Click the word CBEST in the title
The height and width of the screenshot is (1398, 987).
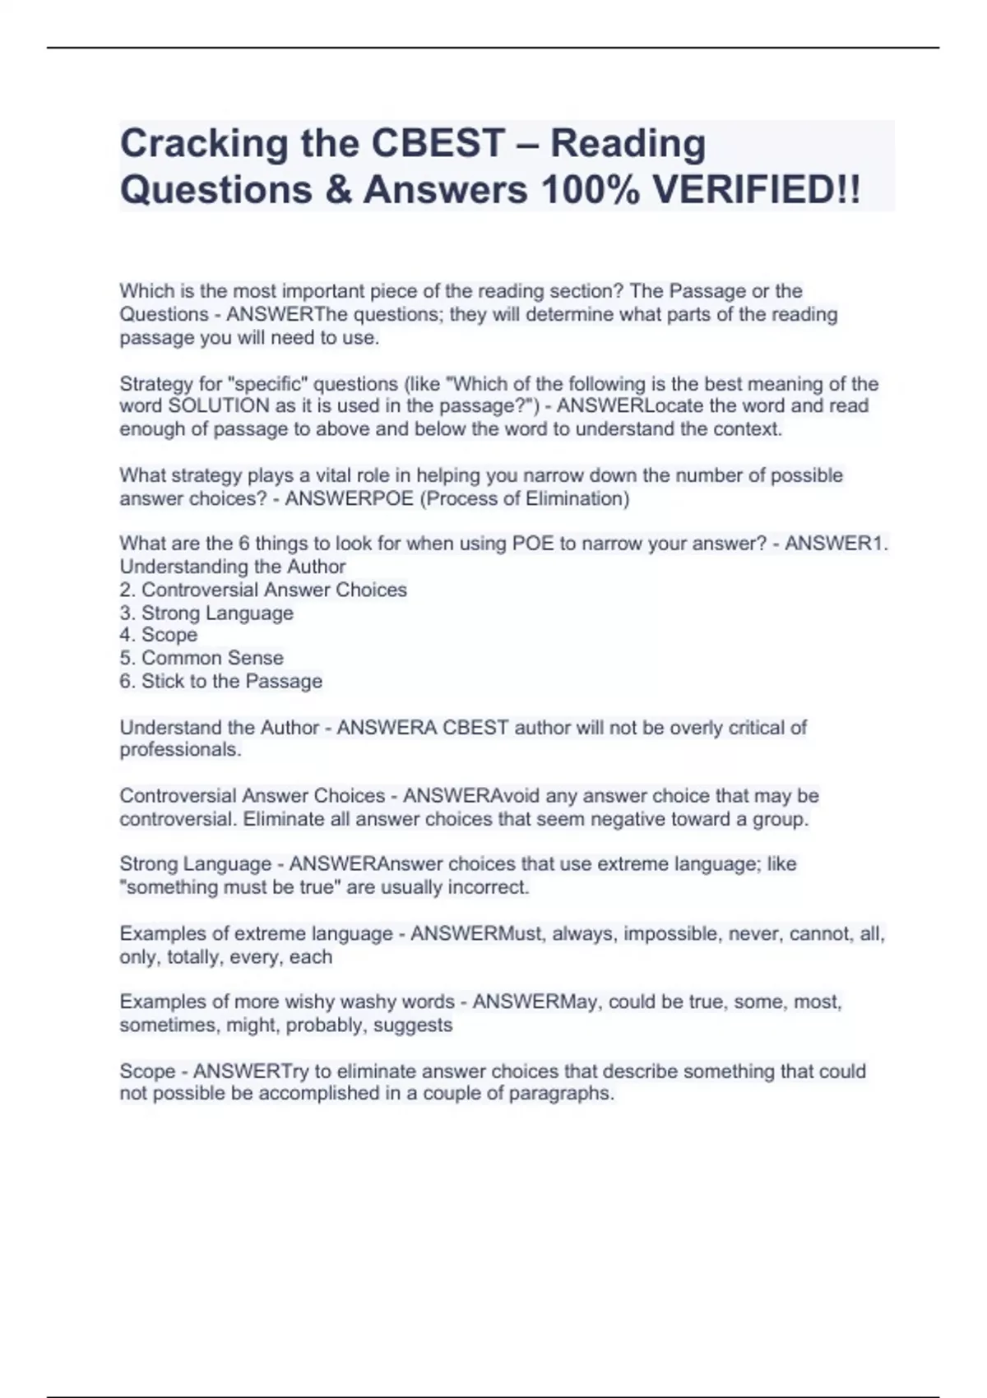click(x=438, y=144)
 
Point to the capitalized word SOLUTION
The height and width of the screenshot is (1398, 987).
click(x=218, y=406)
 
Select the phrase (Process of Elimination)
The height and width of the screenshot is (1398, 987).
click(x=525, y=499)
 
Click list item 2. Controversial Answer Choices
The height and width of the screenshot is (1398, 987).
click(x=263, y=590)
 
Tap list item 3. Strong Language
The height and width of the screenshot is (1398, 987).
click(x=206, y=613)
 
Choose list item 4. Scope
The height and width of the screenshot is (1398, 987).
click(x=159, y=636)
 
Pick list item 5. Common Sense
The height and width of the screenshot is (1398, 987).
click(x=202, y=659)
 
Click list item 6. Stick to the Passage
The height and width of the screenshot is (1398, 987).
click(x=220, y=682)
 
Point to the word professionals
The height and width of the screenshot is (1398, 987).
click(x=180, y=750)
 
